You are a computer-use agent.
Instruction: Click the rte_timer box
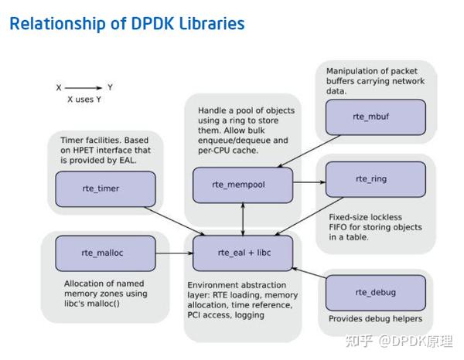pos(105,188)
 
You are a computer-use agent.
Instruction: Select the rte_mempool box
pos(243,185)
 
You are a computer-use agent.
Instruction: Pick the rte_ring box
pos(375,179)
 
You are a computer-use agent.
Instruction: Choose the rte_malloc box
pos(105,253)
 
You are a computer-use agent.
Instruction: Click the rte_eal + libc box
pos(243,253)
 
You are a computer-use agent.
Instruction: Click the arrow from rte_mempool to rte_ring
pos(309,182)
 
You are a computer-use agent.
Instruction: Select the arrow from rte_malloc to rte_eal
pos(174,253)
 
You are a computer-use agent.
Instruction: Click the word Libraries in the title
pos(208,24)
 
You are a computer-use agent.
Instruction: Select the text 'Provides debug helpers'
pos(375,318)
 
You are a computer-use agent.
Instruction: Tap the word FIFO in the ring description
pos(339,227)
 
